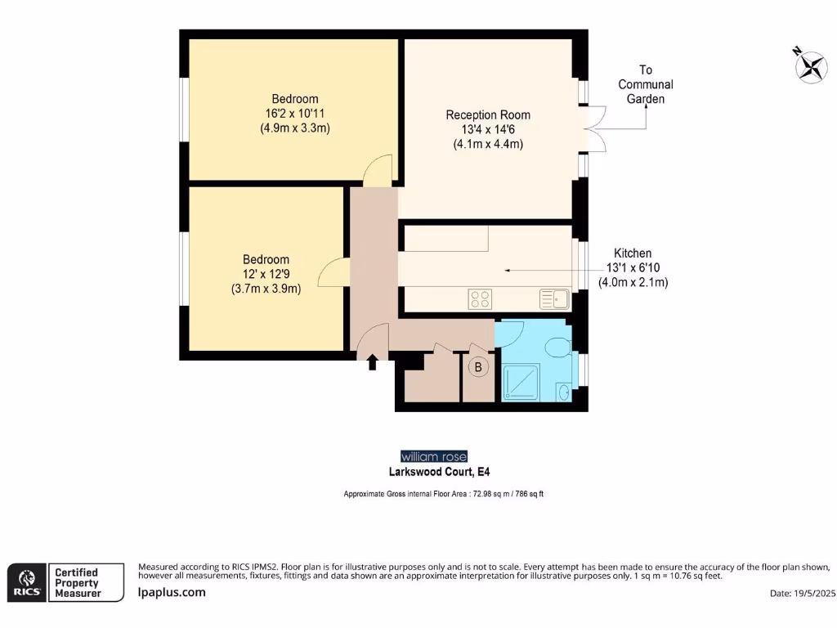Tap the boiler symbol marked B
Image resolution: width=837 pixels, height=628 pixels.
click(478, 368)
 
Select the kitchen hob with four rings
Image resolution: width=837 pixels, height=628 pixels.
click(481, 300)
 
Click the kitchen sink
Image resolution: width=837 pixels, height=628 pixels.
click(553, 299)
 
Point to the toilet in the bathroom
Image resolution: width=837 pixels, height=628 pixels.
click(557, 347)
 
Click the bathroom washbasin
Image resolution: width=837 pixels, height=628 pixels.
click(564, 392)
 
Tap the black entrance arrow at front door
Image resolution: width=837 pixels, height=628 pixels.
click(373, 361)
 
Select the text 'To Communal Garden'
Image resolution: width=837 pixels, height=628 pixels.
click(645, 84)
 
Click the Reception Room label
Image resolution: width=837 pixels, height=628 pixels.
click(488, 114)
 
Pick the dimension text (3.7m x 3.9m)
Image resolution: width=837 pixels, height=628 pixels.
click(266, 289)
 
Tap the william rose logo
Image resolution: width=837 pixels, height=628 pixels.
click(434, 456)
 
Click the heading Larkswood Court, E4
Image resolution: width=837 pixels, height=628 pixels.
click(439, 472)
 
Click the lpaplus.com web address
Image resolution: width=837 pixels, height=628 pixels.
click(172, 592)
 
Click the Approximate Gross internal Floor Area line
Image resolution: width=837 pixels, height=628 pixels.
click(444, 495)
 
